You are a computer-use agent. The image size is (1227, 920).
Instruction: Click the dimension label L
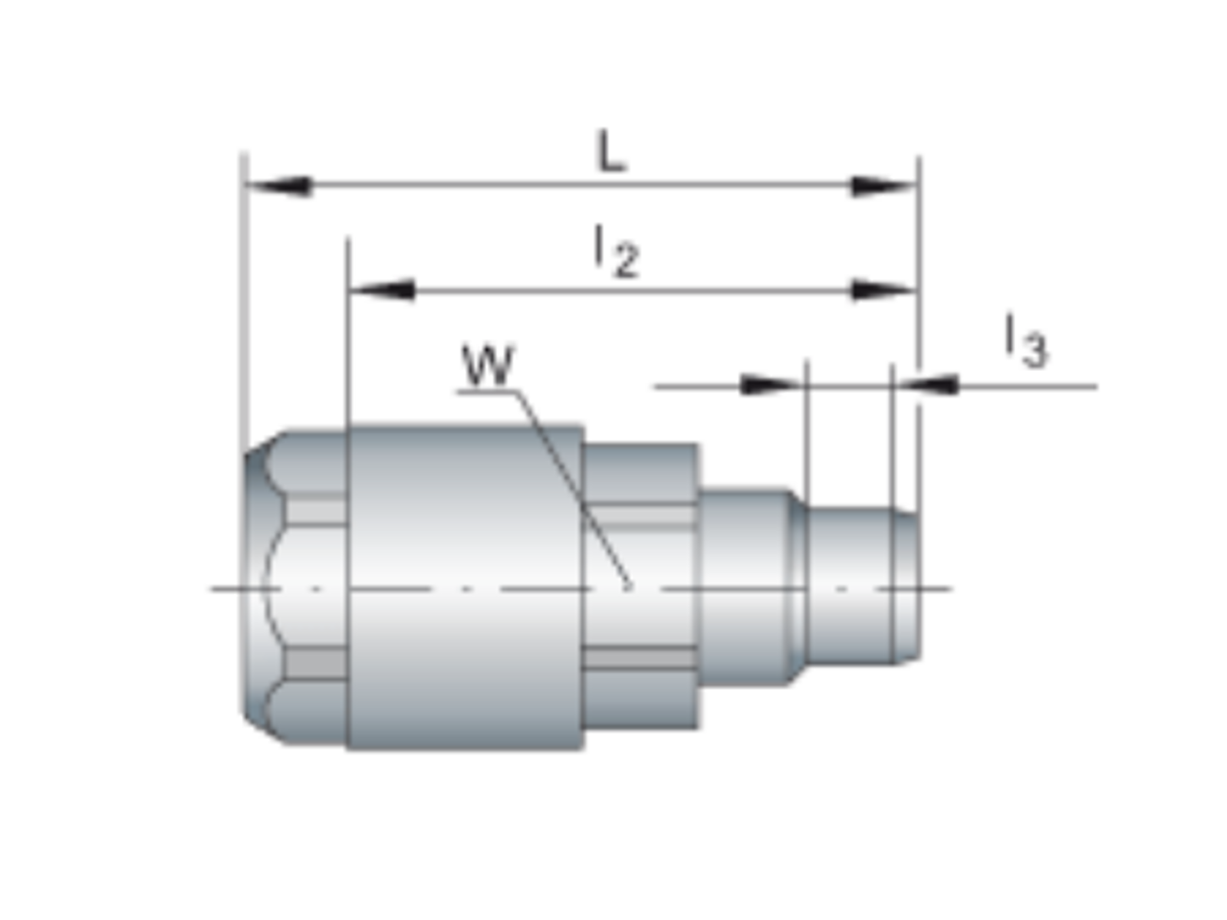pyautogui.click(x=611, y=151)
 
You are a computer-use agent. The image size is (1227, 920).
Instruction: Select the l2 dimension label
pyautogui.click(x=616, y=251)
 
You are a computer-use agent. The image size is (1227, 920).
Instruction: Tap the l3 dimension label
pyautogui.click(x=1026, y=340)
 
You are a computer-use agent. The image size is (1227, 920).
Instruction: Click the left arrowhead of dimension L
pyautogui.click(x=278, y=186)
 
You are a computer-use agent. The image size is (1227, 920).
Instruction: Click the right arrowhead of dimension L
pyautogui.click(x=883, y=186)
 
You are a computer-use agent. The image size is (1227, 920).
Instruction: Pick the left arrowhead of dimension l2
pyautogui.click(x=382, y=290)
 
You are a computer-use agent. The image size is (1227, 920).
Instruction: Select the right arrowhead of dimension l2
pyautogui.click(x=883, y=290)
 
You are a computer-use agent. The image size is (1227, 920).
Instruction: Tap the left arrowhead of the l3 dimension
pyautogui.click(x=771, y=386)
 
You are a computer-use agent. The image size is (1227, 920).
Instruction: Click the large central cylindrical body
pyautogui.click(x=465, y=587)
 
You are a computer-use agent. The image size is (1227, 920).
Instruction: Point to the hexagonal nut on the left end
pyautogui.click(x=295, y=587)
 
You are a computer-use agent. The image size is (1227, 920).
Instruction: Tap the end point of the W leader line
pyautogui.click(x=630, y=586)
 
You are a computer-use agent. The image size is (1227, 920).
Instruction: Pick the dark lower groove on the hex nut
pyautogui.click(x=317, y=664)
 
